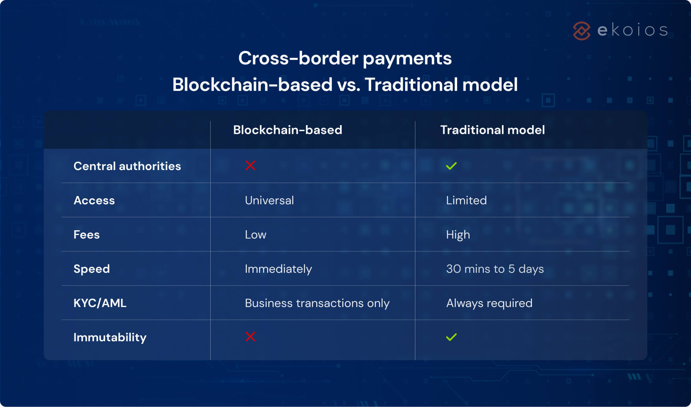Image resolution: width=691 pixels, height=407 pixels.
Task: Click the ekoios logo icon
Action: pos(582,31)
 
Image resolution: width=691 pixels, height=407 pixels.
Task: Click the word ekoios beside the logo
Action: pos(633,30)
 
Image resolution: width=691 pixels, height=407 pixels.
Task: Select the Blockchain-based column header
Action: pos(287,130)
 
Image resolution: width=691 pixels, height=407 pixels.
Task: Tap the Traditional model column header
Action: pos(492,130)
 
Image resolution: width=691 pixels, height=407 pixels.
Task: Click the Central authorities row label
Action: pos(127,166)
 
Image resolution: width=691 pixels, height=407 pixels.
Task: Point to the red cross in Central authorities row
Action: pos(250,165)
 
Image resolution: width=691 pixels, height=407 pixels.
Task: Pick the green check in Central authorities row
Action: pos(451,166)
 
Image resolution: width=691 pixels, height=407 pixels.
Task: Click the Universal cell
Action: pos(269,200)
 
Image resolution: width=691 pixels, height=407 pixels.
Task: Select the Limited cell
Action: pos(466,200)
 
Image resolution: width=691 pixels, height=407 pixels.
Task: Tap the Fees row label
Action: pos(87,235)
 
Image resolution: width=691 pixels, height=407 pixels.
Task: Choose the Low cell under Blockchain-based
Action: pos(256,235)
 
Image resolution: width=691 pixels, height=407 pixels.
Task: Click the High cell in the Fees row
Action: pos(458,235)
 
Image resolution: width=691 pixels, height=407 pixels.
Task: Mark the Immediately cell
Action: pos(278,269)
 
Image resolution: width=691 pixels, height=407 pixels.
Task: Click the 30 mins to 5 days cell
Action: pos(495,269)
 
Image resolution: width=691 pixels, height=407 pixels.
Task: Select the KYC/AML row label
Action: pos(100,303)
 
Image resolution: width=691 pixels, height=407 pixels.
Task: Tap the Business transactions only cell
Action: pos(317,303)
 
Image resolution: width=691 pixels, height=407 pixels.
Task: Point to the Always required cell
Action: pos(489,303)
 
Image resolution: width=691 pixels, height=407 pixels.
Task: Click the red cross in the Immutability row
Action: pos(250,337)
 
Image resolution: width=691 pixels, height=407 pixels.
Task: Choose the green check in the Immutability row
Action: pos(451,337)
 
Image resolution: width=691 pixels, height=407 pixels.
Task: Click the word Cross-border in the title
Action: pos(298,58)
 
